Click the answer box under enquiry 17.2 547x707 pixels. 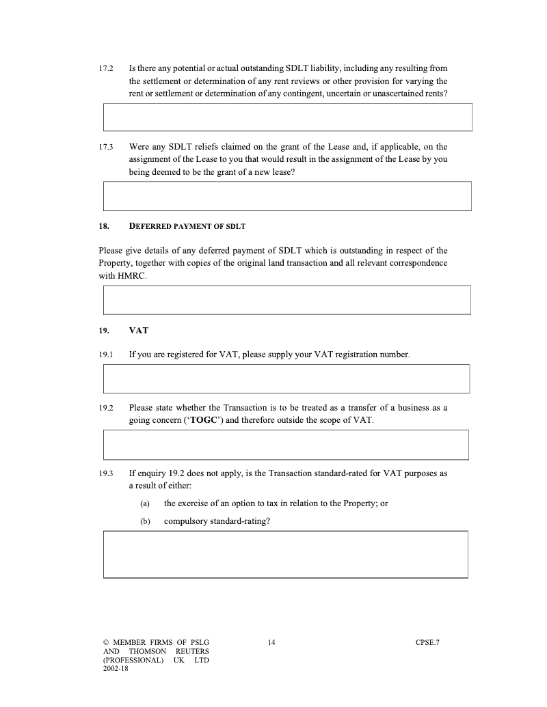[288, 117]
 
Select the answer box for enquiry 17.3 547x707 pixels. [287, 196]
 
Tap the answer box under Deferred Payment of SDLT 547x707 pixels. [287, 300]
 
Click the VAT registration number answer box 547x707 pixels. [286, 378]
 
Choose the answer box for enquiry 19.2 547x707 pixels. [286, 445]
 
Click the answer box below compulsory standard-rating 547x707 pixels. [286, 554]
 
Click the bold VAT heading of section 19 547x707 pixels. [139, 331]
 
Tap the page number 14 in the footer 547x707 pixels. [271, 642]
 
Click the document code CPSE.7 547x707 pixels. [427, 642]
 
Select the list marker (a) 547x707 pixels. [144, 503]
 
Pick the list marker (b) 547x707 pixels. [144, 521]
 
